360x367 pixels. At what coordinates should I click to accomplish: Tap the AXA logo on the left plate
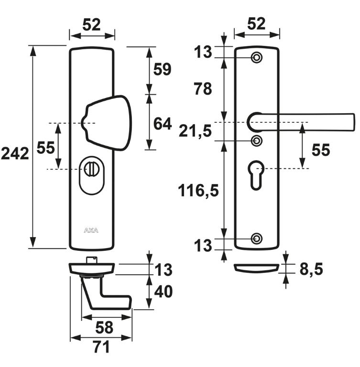click(x=91, y=230)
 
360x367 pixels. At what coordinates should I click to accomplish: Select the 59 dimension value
click(x=162, y=70)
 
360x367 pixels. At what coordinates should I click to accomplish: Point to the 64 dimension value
click(x=162, y=124)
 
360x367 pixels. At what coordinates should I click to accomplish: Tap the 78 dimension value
click(x=201, y=88)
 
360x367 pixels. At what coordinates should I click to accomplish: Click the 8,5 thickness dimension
click(x=311, y=270)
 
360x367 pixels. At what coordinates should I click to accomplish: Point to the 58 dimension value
click(x=104, y=327)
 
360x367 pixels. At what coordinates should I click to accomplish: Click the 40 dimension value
click(x=162, y=291)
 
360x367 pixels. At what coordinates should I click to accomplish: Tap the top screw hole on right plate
click(x=257, y=58)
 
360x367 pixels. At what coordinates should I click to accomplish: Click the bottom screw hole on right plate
click(x=257, y=238)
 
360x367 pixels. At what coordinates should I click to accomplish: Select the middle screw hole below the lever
click(x=257, y=141)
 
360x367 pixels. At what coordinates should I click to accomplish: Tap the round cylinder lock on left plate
click(x=90, y=169)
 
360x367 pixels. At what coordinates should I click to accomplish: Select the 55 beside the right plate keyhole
click(x=320, y=151)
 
